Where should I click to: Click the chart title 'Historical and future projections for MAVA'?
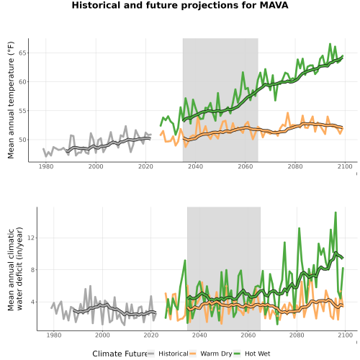(180, 5)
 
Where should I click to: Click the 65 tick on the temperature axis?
(22, 53)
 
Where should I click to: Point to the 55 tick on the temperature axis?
(22, 111)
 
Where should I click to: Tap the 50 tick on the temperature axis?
(22, 140)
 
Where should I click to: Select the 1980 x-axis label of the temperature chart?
(46, 166)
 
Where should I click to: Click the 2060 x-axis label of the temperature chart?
(246, 166)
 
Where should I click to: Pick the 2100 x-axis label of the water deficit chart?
(345, 335)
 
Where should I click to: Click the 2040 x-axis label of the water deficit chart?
(199, 335)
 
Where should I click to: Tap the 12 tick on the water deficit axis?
(31, 238)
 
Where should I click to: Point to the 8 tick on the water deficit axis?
(32, 270)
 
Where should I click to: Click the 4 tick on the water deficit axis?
(32, 302)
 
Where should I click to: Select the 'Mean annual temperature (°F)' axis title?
(11, 100)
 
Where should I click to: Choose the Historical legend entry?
(168, 354)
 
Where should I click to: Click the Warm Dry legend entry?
(211, 354)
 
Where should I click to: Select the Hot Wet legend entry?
(252, 354)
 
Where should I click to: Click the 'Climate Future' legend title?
(120, 354)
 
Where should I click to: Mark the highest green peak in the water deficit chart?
(336, 212)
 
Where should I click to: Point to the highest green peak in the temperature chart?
(330, 44)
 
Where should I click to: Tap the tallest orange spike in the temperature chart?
(288, 113)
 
